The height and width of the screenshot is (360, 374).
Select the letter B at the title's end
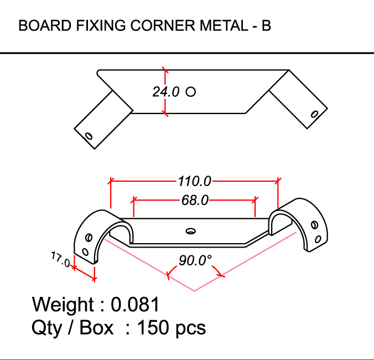tap(266, 26)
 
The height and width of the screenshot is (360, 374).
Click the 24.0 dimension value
tap(166, 92)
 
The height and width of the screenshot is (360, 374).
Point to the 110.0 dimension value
tap(194, 181)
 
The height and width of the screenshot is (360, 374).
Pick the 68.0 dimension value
tap(195, 200)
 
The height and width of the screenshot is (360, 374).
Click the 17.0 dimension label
tap(60, 260)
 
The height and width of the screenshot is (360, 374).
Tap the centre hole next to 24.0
tap(191, 91)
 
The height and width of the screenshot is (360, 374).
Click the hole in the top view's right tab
tap(314, 114)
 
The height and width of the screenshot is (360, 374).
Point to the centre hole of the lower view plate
tap(191, 230)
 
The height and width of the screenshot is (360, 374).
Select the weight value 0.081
tap(136, 305)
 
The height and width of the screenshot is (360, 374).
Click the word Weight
tap(63, 305)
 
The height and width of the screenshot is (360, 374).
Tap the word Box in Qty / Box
tap(97, 327)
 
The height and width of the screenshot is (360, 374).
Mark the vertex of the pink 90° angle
tap(195, 291)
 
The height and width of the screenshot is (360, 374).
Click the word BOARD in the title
tap(40, 26)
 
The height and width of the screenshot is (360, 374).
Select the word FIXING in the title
tap(92, 26)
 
